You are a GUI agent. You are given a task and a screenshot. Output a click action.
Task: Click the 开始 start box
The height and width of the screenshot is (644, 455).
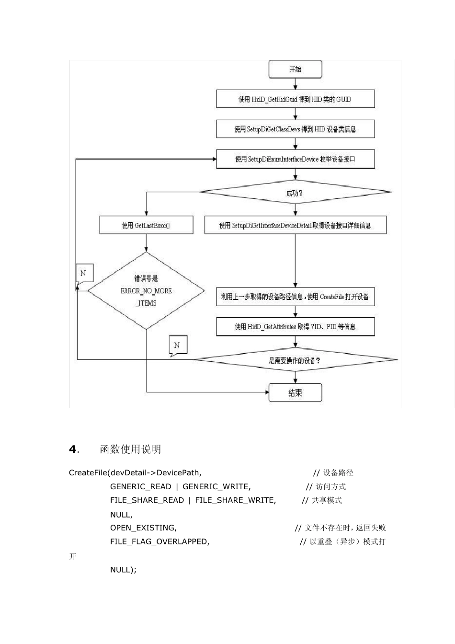click(x=295, y=69)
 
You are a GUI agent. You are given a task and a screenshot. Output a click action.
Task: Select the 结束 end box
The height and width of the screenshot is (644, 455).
click(x=295, y=392)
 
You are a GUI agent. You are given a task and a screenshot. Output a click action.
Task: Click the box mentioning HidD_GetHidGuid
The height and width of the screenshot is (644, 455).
click(x=295, y=99)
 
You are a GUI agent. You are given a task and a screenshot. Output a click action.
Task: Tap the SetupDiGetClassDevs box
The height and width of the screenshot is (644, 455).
click(x=295, y=129)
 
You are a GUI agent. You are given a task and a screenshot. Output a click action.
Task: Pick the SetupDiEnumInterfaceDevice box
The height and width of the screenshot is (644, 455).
click(x=295, y=159)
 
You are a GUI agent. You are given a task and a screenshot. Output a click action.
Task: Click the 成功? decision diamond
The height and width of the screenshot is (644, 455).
click(x=295, y=193)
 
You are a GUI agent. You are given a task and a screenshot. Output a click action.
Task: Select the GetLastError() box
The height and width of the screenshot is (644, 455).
click(x=146, y=225)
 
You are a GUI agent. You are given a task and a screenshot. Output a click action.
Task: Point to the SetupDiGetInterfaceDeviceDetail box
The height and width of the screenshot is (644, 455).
click(x=295, y=225)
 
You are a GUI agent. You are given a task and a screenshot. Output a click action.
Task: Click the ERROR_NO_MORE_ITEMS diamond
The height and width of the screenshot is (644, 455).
click(x=146, y=291)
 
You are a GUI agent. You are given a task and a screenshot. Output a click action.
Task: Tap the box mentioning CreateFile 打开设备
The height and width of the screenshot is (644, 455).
click(x=295, y=297)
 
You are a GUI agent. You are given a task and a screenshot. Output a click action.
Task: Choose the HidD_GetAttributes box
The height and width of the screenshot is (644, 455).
click(x=295, y=326)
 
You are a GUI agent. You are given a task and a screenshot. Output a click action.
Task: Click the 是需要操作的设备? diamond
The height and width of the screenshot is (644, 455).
click(x=295, y=360)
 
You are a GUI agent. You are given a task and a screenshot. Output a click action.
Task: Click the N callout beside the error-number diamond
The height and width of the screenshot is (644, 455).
click(x=84, y=274)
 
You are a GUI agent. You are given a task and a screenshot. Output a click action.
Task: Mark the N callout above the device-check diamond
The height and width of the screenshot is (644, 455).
click(x=177, y=345)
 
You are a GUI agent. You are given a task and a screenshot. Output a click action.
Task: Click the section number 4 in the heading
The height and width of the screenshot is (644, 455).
click(x=73, y=449)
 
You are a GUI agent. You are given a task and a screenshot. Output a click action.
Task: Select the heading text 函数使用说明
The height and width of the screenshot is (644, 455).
click(x=130, y=449)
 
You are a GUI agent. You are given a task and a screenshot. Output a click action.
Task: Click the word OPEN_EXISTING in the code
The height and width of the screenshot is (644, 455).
click(x=143, y=528)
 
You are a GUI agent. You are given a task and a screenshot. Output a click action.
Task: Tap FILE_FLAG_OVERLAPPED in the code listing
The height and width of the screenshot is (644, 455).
click(x=159, y=541)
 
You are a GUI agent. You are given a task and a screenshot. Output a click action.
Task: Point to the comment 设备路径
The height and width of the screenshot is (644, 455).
click(x=338, y=473)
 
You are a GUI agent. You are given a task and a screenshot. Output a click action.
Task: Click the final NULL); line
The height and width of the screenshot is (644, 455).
click(x=123, y=569)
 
